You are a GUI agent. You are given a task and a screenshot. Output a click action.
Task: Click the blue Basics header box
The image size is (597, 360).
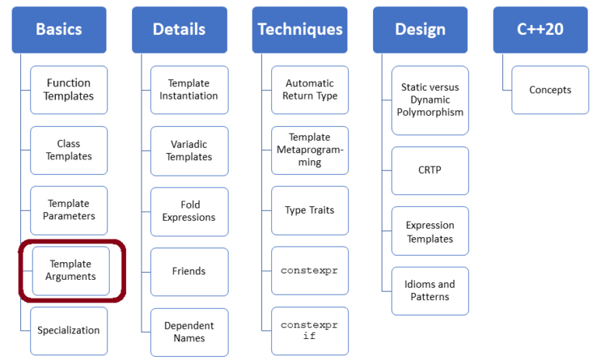(58, 30)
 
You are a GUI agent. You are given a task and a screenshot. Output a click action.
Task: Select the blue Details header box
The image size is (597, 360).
(179, 30)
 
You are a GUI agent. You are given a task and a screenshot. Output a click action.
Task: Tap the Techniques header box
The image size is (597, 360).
(299, 30)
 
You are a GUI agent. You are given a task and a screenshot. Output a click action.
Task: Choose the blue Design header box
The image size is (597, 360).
(420, 30)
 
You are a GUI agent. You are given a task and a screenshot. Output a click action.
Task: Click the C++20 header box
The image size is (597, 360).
(540, 30)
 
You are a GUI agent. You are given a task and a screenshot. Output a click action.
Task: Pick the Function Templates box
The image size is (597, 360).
(69, 89)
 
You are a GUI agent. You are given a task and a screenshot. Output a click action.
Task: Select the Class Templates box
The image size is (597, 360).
(69, 150)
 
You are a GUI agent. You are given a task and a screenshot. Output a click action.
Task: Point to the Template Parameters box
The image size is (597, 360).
(69, 210)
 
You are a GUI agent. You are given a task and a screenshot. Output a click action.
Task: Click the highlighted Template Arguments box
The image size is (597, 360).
(71, 271)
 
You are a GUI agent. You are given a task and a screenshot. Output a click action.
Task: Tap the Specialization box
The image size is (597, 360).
(69, 330)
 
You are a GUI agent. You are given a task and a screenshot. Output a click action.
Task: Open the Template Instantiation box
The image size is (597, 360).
(189, 89)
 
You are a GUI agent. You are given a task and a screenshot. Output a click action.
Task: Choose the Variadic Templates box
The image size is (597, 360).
(189, 150)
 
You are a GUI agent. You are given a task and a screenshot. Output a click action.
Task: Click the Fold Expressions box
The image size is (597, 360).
(189, 211)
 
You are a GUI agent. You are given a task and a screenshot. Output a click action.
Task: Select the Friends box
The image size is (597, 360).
(189, 271)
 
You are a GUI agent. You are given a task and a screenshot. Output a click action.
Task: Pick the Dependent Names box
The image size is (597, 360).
(189, 332)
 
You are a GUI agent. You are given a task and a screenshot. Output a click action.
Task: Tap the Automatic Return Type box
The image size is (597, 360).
(309, 89)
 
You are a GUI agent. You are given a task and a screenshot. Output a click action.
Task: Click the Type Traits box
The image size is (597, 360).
(309, 211)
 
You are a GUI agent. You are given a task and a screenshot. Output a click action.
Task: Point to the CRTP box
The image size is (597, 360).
(430, 170)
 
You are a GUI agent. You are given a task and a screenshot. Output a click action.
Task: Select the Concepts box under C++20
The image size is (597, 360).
(550, 89)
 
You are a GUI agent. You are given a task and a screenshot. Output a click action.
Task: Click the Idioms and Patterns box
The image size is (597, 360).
(430, 291)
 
